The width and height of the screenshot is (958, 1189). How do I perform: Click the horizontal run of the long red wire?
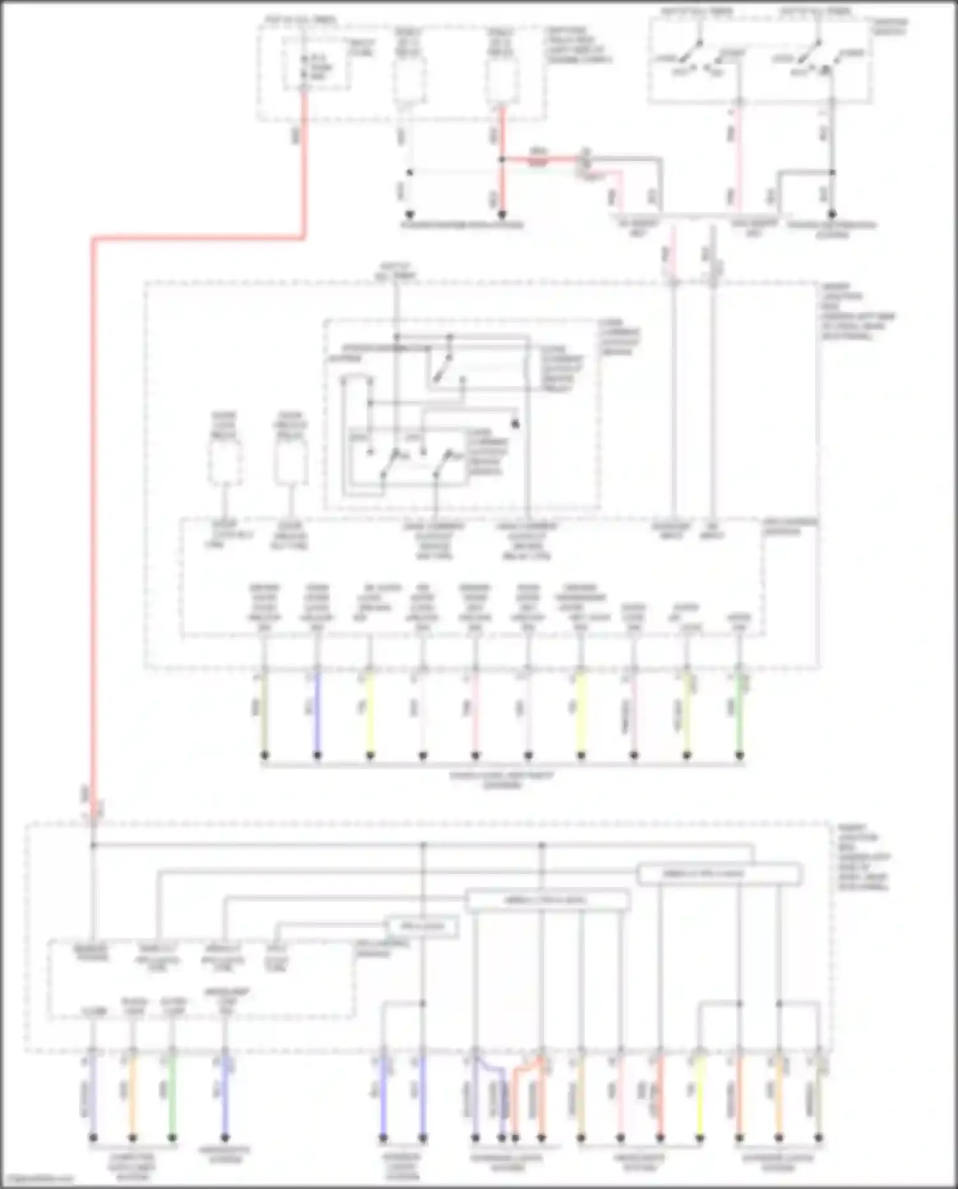[x=198, y=239]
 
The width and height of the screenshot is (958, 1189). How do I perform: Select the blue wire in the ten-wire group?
[x=317, y=712]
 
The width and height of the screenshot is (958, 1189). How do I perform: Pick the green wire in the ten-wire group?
[x=739, y=712]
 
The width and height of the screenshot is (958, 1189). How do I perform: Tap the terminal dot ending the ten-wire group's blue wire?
[x=317, y=756]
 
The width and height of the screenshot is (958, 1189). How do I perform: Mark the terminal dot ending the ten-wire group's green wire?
[x=739, y=756]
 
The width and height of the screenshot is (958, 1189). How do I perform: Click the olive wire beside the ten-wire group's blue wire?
[x=264, y=712]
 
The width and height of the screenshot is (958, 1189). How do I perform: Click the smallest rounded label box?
[x=422, y=926]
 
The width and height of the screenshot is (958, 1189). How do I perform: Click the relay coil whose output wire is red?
[x=501, y=82]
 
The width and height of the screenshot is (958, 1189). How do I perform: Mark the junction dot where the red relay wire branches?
[x=502, y=159]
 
